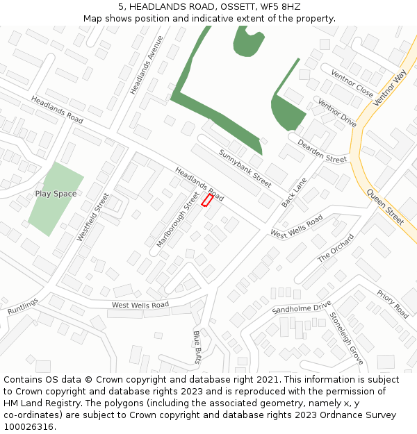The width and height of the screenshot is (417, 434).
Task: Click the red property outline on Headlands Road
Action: (x=206, y=200)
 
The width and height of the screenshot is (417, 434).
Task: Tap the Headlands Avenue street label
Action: (x=146, y=65)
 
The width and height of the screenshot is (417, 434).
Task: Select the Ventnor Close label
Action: (x=352, y=84)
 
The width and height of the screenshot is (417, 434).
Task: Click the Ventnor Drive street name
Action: (x=336, y=113)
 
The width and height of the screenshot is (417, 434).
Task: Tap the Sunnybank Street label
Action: (x=245, y=168)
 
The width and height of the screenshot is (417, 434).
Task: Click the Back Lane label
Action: (x=294, y=193)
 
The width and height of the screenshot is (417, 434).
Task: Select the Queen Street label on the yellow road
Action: (x=385, y=207)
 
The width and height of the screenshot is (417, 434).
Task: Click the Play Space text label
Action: (x=56, y=194)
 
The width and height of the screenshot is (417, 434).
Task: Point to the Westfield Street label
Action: (x=92, y=217)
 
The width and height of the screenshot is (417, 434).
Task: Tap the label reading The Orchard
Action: (x=336, y=248)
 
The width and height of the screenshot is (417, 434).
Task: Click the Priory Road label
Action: (x=393, y=304)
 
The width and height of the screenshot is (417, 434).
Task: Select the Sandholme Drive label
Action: (x=302, y=308)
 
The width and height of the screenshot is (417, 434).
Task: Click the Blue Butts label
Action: (x=197, y=347)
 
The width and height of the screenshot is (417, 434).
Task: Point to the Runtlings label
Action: (x=23, y=306)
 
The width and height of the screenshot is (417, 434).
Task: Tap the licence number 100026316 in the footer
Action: (x=28, y=426)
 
